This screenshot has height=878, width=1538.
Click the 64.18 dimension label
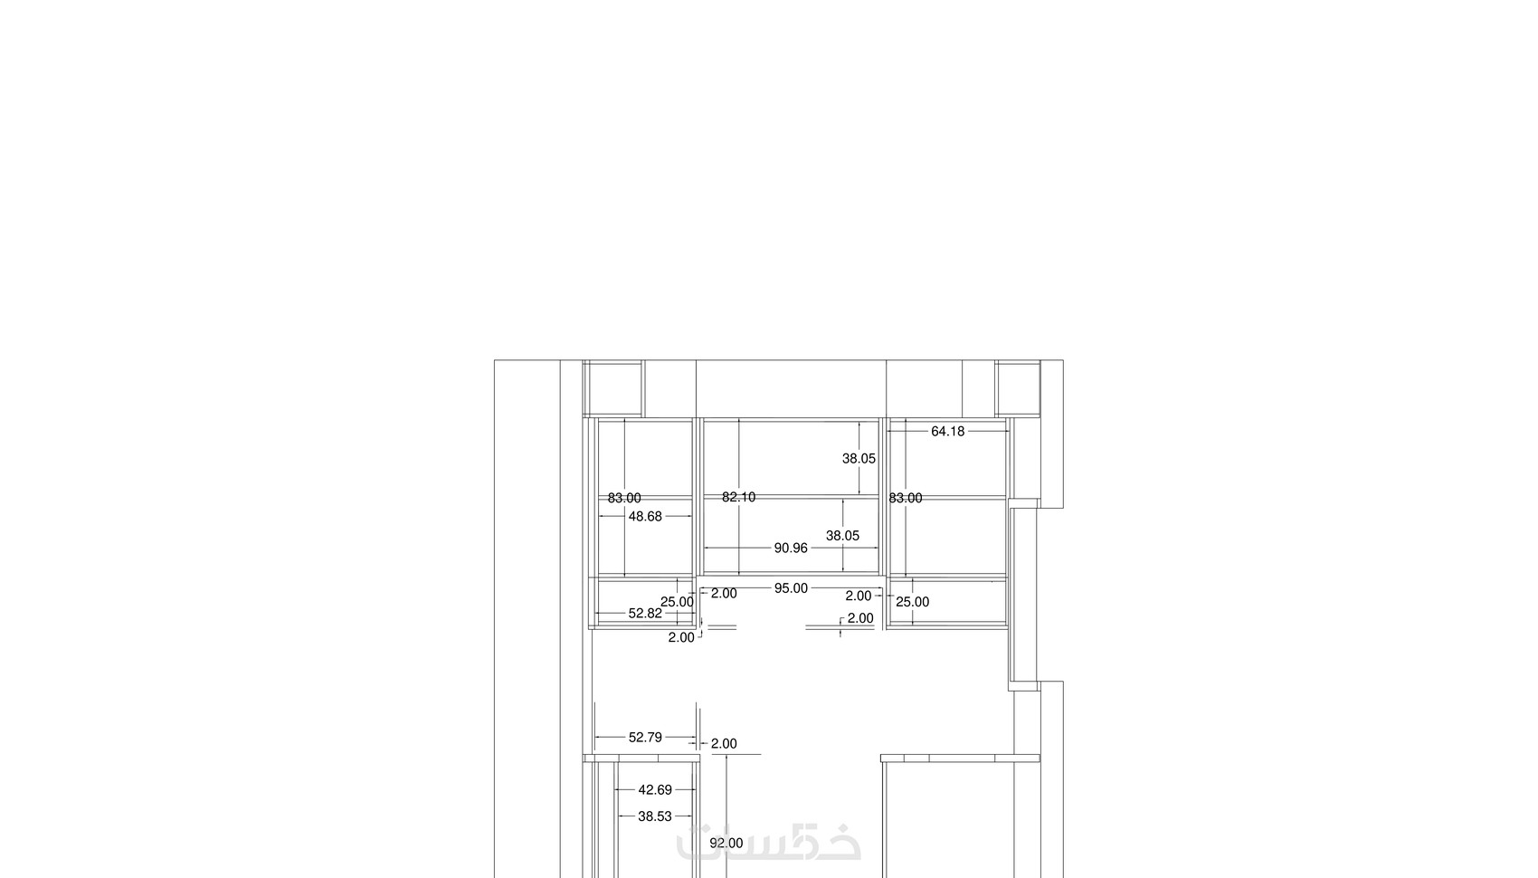pyautogui.click(x=947, y=432)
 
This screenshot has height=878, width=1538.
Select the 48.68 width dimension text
pyautogui.click(x=645, y=517)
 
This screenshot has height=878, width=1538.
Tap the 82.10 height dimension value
pyautogui.click(x=739, y=498)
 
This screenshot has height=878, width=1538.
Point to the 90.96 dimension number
pyautogui.click(x=791, y=549)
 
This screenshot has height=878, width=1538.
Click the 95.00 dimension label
pyautogui.click(x=791, y=588)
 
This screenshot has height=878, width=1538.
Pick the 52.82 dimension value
pyautogui.click(x=645, y=614)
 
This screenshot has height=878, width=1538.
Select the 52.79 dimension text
pyautogui.click(x=645, y=738)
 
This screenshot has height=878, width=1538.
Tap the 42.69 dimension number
pyautogui.click(x=655, y=791)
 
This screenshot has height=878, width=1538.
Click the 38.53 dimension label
pyautogui.click(x=655, y=816)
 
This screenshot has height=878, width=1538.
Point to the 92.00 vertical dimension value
pyautogui.click(x=726, y=844)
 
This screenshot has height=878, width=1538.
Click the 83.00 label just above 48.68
pyautogui.click(x=624, y=498)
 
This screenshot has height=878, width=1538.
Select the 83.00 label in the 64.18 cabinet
pyautogui.click(x=906, y=498)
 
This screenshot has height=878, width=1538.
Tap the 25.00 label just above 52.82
pyautogui.click(x=677, y=602)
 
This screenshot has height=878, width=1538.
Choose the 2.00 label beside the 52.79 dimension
pyautogui.click(x=724, y=744)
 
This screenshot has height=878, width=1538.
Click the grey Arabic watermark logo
pyautogui.click(x=768, y=843)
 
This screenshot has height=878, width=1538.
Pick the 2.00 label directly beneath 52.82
pyautogui.click(x=681, y=637)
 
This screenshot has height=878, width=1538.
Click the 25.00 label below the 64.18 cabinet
pyautogui.click(x=913, y=602)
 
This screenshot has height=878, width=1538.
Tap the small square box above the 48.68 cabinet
pyautogui.click(x=613, y=388)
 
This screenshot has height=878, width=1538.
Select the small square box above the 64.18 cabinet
pyautogui.click(x=1018, y=388)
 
